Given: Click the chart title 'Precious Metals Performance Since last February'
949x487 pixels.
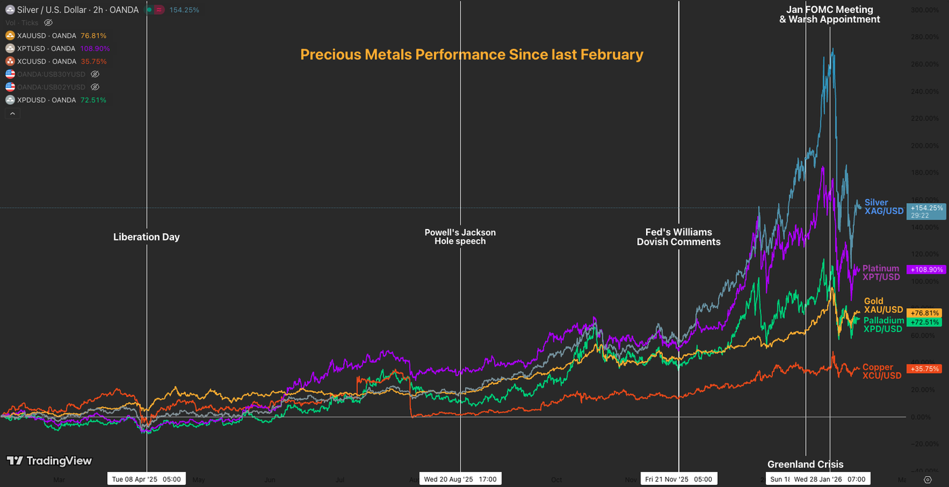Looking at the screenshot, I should [471, 54].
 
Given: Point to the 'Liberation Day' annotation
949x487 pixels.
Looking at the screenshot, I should [146, 237].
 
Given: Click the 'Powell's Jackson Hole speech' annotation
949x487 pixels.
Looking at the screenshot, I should [460, 236].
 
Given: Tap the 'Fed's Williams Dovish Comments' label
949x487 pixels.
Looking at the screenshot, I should [678, 236].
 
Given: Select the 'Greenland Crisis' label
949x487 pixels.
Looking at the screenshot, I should [805, 464].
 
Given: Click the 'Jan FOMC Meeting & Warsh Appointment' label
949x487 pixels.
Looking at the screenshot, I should [829, 14].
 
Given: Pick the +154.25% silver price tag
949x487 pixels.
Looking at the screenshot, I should [926, 208].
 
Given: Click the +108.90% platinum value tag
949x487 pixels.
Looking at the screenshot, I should [926, 270].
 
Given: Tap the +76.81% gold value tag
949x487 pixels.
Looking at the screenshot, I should [926, 313].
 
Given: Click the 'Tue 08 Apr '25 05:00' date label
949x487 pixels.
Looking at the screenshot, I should [146, 479].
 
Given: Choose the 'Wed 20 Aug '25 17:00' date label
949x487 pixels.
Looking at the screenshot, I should [460, 479].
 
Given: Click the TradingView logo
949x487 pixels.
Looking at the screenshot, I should [49, 461].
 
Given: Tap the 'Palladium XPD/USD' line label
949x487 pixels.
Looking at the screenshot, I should [883, 324].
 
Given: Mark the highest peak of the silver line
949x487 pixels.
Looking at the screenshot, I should [832, 49].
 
